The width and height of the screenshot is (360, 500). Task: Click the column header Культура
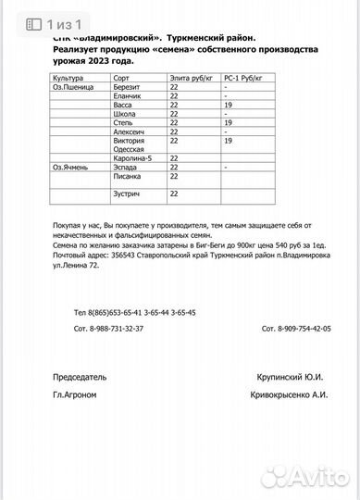pyautogui.click(x=69, y=81)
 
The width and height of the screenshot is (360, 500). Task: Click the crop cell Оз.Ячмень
pyautogui.click(x=71, y=167)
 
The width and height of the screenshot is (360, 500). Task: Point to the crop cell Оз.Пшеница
pyautogui.click(x=73, y=88)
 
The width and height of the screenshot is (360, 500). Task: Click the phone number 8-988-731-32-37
pyautogui.click(x=108, y=330)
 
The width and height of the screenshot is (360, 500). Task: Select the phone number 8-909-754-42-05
pyautogui.click(x=296, y=330)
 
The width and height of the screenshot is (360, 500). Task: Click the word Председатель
pyautogui.click(x=81, y=377)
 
